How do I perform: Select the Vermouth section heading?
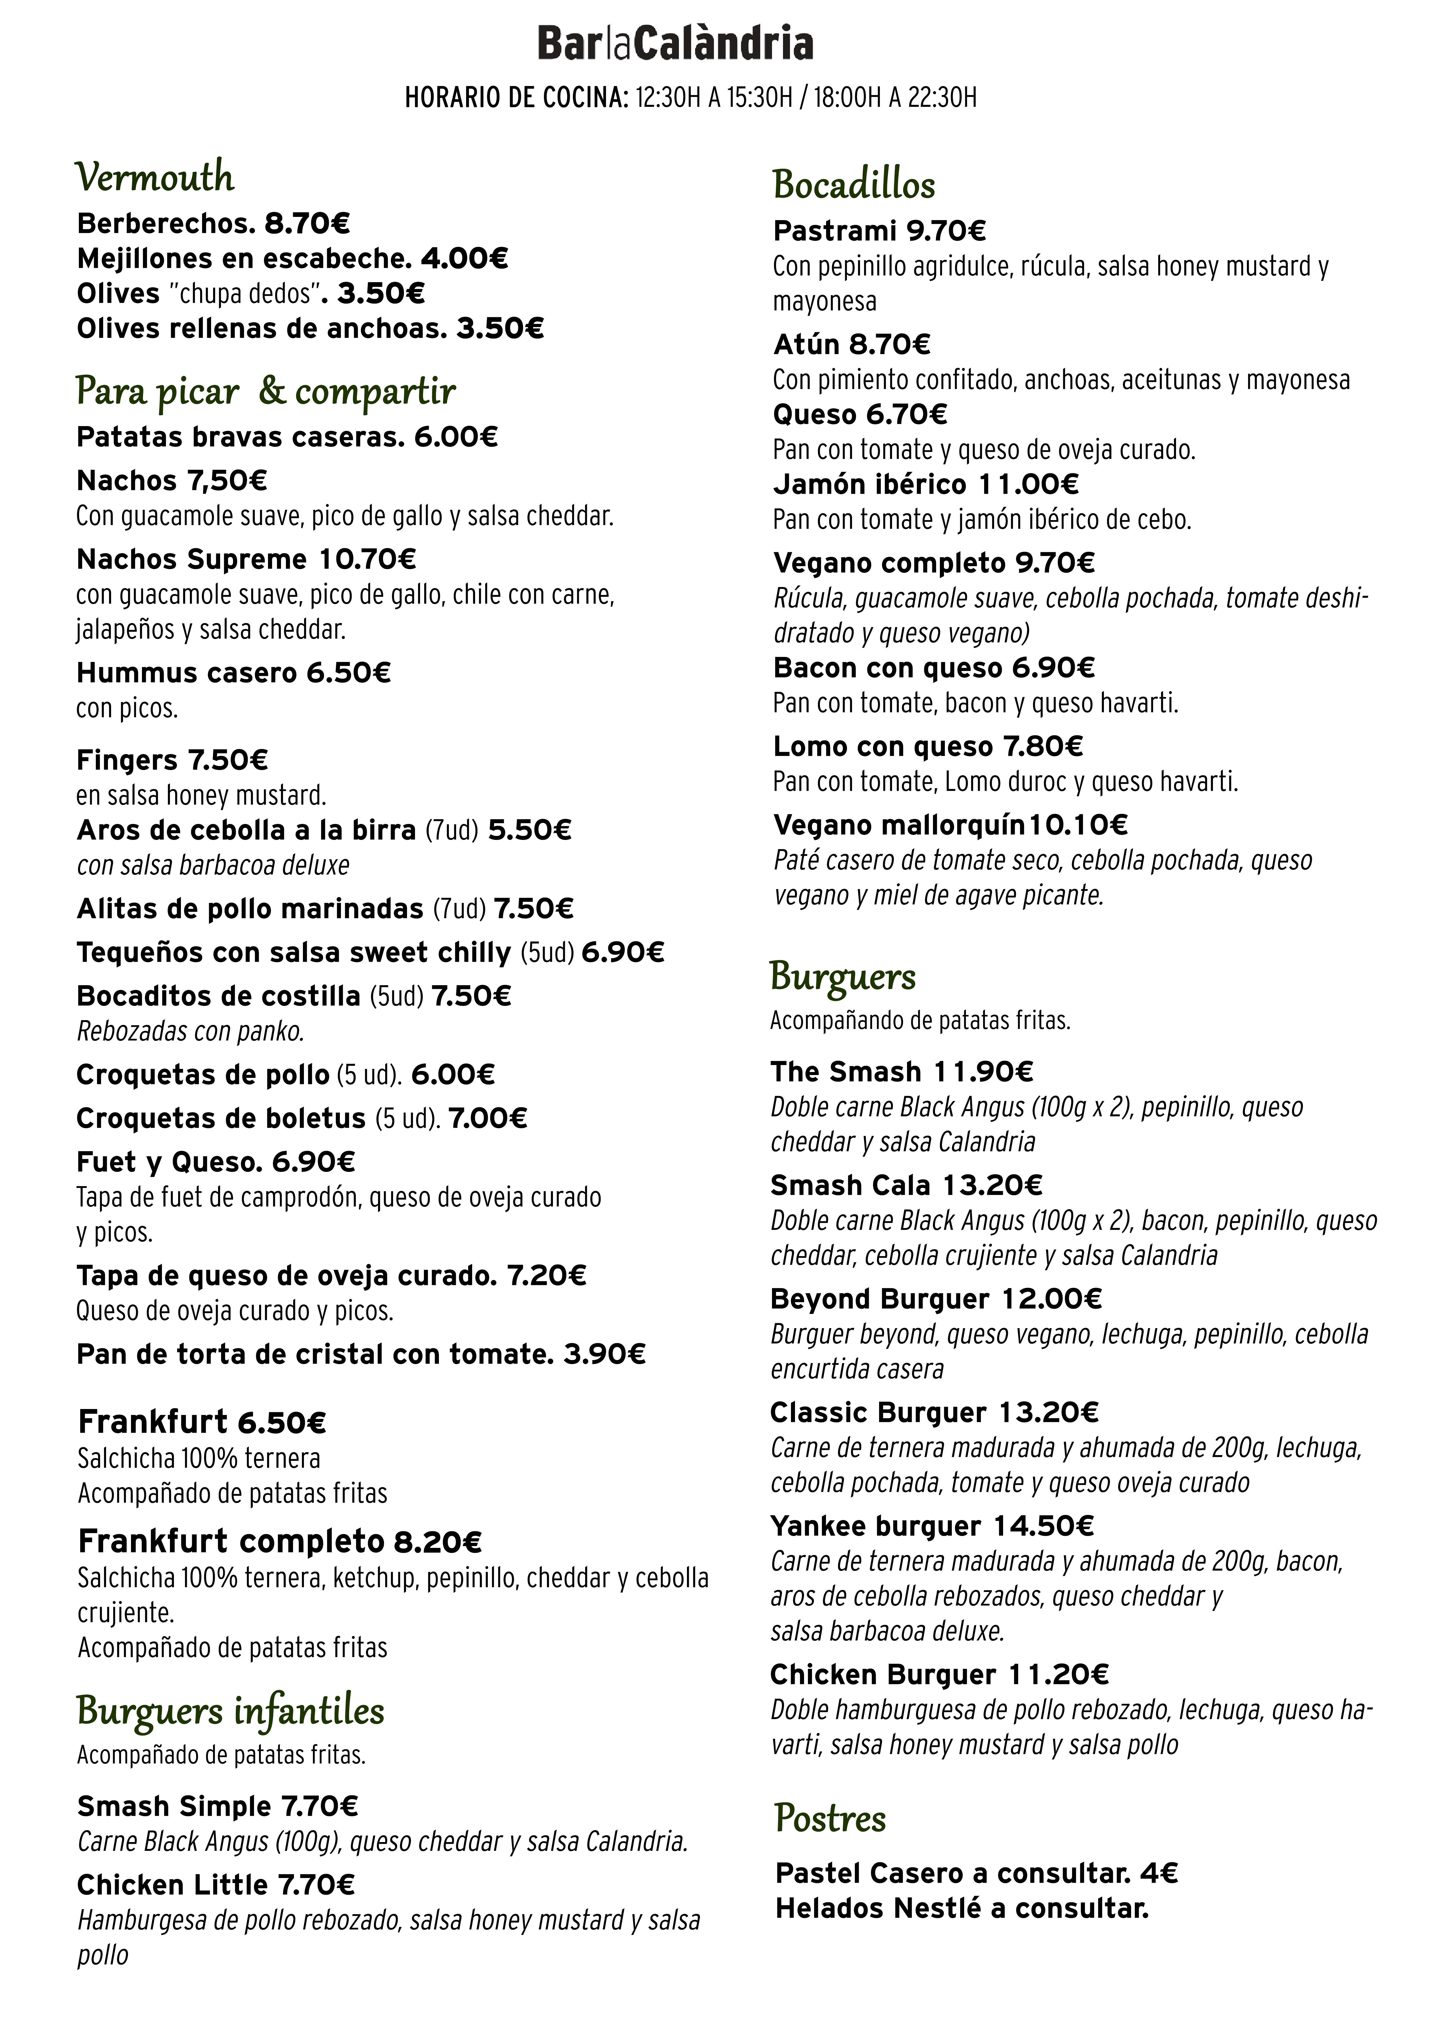[155, 177]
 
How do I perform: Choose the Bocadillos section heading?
[853, 185]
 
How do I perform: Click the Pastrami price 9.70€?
[946, 231]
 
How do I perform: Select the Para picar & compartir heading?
[265, 392]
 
